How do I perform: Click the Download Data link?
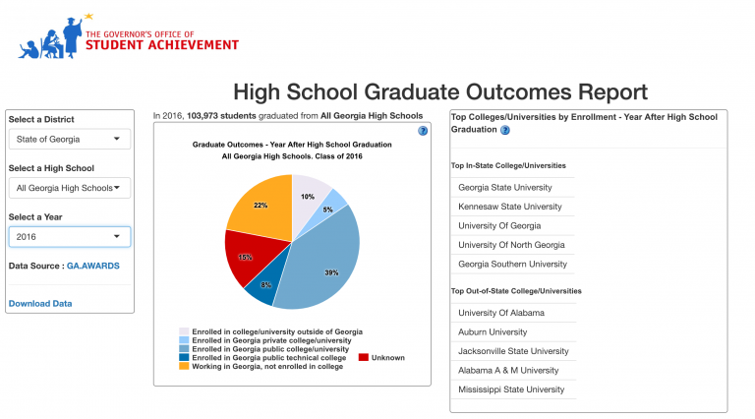click(40, 303)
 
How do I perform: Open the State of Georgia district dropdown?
click(69, 139)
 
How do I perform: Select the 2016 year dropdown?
click(69, 236)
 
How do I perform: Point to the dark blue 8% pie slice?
click(264, 286)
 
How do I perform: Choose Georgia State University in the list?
click(505, 187)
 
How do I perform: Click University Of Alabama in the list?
click(501, 313)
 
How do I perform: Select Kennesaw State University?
click(509, 207)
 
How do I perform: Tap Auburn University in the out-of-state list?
click(494, 331)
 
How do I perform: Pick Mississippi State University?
click(511, 389)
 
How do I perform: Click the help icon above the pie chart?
click(422, 130)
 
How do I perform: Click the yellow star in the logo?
click(88, 16)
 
